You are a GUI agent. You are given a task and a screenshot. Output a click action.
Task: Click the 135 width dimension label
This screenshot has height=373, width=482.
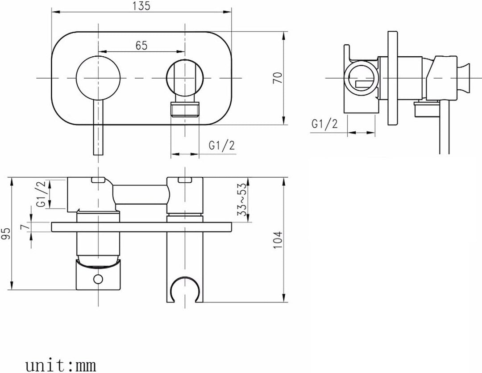click(x=141, y=6)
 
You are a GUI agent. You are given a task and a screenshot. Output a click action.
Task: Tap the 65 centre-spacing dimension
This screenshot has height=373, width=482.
click(x=141, y=46)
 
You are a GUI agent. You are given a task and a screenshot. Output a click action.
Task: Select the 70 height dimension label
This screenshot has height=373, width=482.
click(x=277, y=78)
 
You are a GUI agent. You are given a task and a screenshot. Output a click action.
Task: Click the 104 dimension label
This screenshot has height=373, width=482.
click(x=277, y=240)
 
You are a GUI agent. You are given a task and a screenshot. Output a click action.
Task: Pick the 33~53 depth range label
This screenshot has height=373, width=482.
click(x=242, y=200)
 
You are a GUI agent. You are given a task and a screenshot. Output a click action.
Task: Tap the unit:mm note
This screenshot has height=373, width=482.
click(x=61, y=365)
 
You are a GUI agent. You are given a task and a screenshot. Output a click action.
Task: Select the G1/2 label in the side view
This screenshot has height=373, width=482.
click(x=324, y=124)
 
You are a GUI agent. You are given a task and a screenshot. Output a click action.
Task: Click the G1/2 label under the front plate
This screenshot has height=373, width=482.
click(x=222, y=145)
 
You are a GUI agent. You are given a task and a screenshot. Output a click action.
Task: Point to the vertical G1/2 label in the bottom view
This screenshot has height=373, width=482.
click(x=41, y=193)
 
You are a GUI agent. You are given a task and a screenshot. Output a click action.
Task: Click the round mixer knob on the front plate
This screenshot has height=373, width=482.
click(x=98, y=78)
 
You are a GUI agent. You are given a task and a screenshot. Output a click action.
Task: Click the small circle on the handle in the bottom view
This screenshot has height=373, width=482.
click(x=98, y=279)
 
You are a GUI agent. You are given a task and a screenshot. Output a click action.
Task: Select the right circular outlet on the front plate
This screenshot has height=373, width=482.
click(x=185, y=78)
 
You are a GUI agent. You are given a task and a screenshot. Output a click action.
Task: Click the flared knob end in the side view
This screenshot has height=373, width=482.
click(x=465, y=78)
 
